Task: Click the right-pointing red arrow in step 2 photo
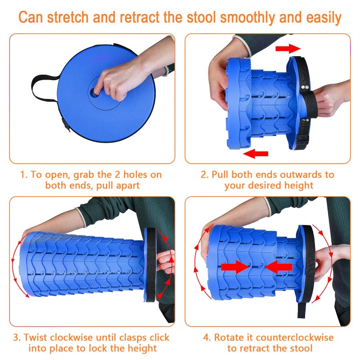pos(288,48)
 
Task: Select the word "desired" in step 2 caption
pos(262,185)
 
